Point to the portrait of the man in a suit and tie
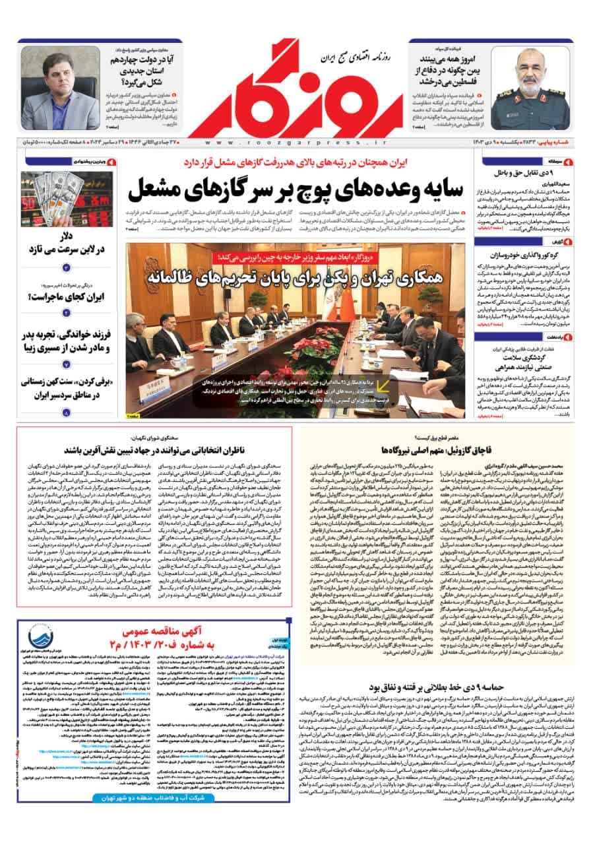[60, 87]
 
